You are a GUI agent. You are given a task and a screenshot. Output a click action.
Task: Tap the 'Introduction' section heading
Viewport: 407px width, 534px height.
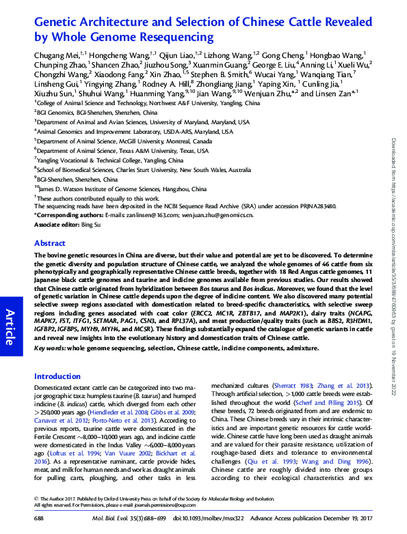click(57, 376)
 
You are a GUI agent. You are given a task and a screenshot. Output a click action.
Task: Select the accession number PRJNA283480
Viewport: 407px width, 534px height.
click(311, 204)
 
